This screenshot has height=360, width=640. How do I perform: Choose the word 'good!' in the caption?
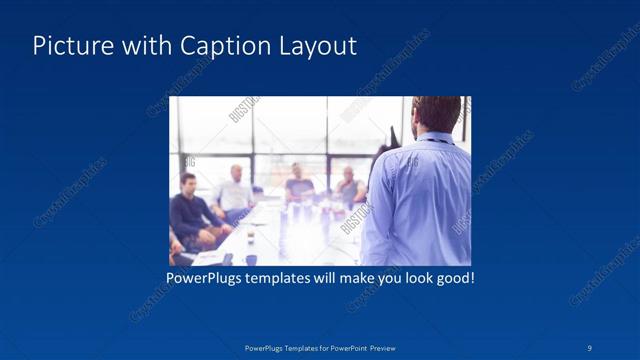coord(452,276)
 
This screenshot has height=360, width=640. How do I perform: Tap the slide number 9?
coord(591,347)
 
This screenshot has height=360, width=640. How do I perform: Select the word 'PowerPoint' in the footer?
coord(346,347)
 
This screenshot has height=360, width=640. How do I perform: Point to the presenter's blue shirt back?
coord(420,200)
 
